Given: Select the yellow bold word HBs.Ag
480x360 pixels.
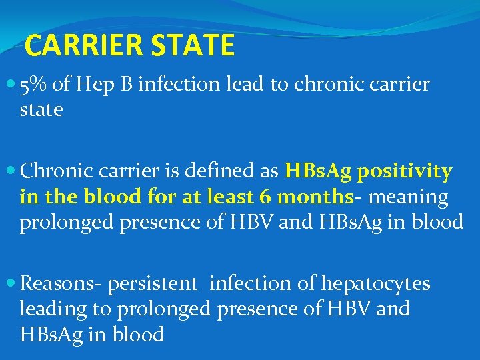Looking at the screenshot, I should [318, 172].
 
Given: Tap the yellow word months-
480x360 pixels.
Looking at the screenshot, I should [315, 197].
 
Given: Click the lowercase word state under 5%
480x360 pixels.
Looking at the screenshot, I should [41, 110].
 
